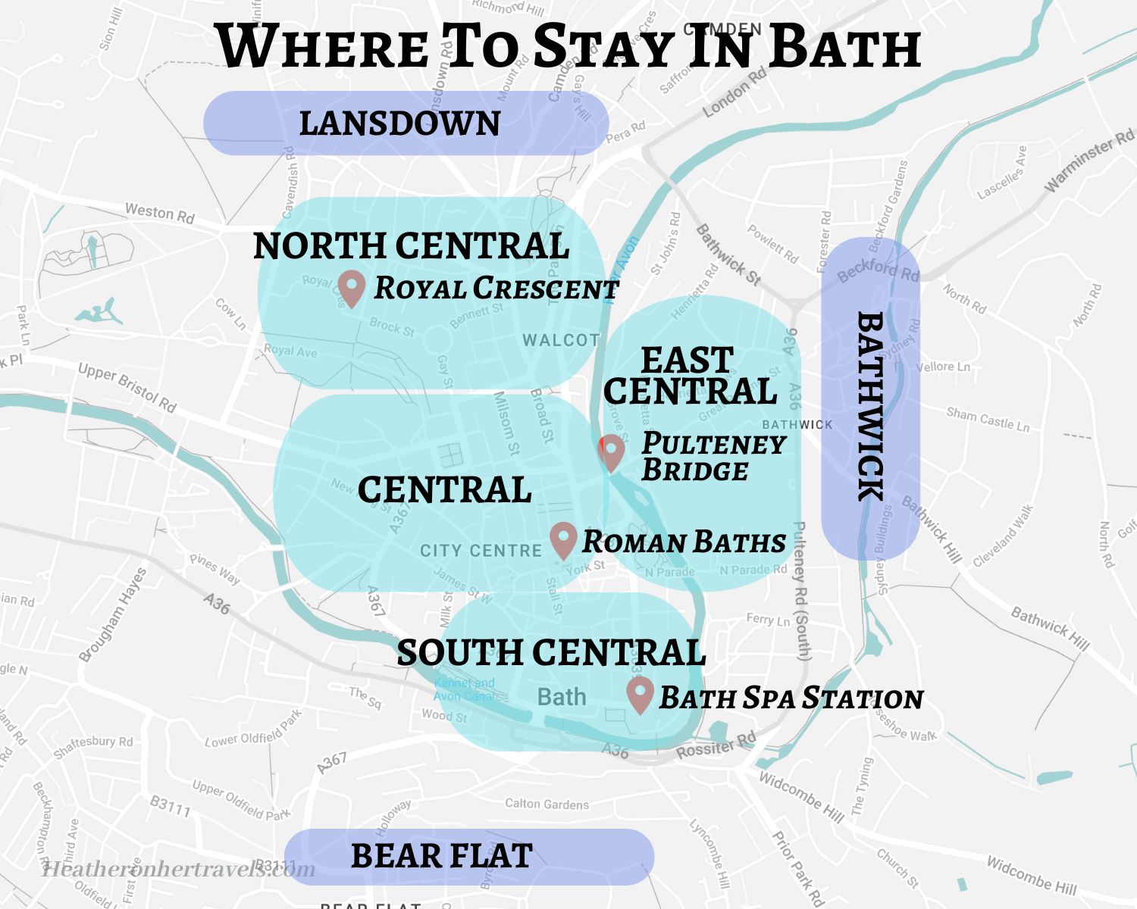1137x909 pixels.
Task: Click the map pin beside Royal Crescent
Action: pos(352,287)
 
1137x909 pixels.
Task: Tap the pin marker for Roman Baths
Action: pos(563,539)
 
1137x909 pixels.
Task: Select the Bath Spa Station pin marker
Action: pos(640,695)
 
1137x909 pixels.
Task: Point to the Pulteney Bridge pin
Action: pos(611,452)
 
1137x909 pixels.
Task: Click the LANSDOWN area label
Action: pos(400,123)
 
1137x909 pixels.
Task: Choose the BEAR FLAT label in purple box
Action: pos(442,856)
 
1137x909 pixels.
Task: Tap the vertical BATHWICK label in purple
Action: pos(870,406)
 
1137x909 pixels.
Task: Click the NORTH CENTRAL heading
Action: pos(411,245)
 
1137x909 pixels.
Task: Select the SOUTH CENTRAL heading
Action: pos(551,652)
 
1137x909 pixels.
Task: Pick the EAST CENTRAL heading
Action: pos(690,376)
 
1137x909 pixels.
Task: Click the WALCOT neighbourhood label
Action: pos(561,340)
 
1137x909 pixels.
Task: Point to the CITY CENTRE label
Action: pos(481,551)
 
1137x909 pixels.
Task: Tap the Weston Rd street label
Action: pos(160,213)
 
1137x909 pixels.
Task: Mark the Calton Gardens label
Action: pos(547,804)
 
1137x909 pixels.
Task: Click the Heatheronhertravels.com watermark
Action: pos(179,869)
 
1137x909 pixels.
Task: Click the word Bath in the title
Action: pos(845,47)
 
